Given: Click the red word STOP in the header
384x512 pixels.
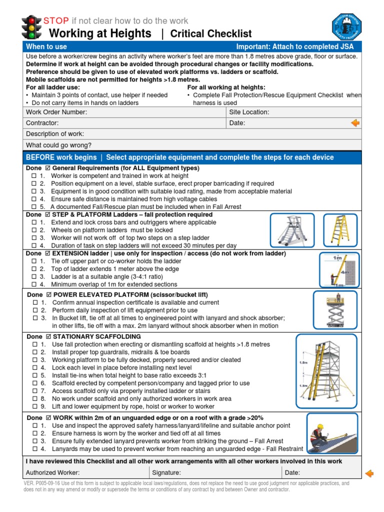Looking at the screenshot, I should click(56, 20).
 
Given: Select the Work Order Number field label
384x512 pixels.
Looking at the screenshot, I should click(56, 112).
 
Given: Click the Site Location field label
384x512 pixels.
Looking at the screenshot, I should click(249, 112).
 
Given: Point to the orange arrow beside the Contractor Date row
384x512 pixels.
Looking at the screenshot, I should click(355, 123).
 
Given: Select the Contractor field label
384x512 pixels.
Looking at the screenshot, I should click(42, 123).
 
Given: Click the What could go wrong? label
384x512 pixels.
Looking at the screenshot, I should click(59, 145).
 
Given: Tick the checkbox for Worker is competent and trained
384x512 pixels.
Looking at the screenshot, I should click(34, 176).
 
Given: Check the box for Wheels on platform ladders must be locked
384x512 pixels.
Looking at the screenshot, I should click(34, 230).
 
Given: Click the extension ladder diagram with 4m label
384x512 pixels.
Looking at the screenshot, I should click(339, 270).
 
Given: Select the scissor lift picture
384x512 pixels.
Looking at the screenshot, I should click(335, 309).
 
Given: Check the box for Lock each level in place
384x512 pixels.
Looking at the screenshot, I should click(34, 367).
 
